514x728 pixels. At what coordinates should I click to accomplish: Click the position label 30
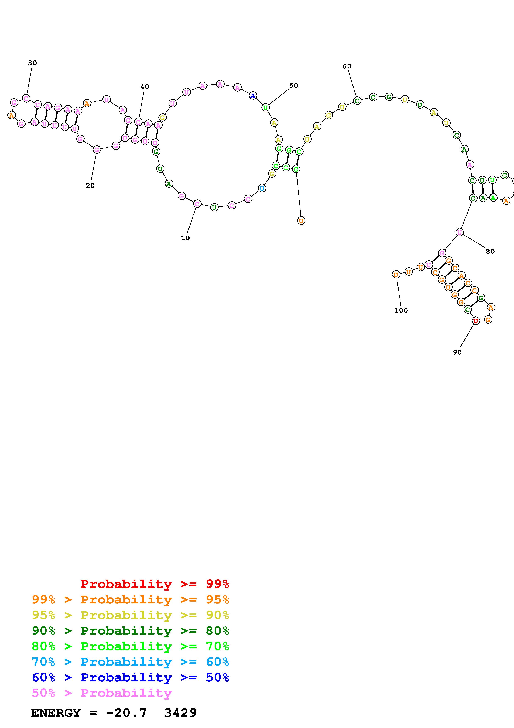(x=33, y=63)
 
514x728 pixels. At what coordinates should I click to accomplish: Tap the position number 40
(x=145, y=87)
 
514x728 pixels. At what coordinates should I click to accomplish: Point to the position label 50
(x=294, y=85)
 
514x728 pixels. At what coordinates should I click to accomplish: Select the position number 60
(x=347, y=66)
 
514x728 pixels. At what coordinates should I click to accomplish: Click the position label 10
(x=185, y=238)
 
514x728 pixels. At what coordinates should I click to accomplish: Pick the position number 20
(x=90, y=186)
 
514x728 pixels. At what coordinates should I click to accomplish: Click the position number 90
(x=457, y=352)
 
